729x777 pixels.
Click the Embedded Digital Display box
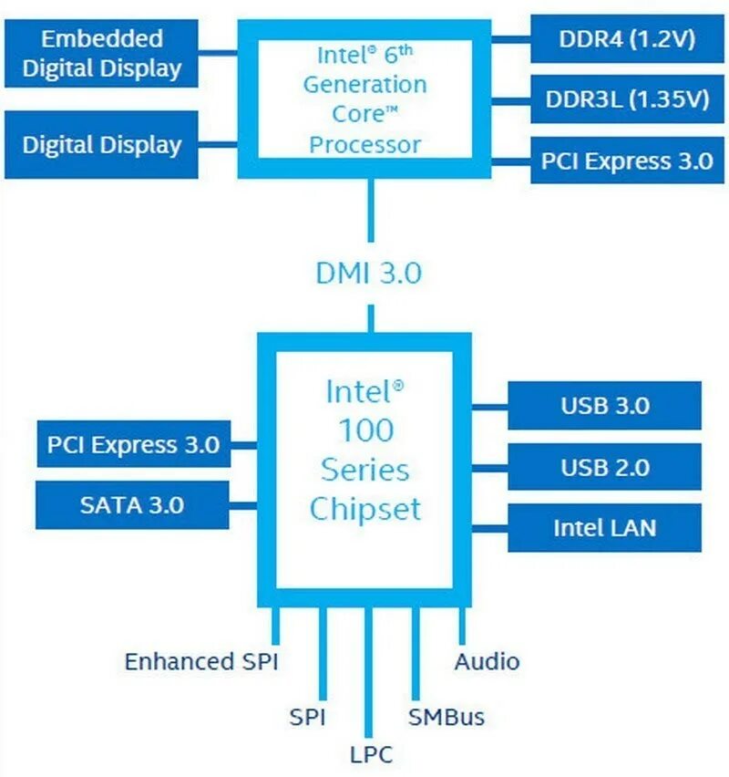tap(101, 53)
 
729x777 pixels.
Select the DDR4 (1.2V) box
tap(627, 39)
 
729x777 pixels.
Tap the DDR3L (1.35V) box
tap(627, 99)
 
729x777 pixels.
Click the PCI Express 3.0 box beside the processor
tap(627, 161)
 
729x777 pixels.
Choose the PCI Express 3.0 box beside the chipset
tap(133, 445)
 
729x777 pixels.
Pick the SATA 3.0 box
tap(133, 504)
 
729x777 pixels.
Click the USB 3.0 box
tap(604, 406)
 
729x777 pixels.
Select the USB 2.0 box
tap(604, 467)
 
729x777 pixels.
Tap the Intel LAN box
tap(604, 527)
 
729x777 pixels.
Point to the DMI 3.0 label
tap(368, 273)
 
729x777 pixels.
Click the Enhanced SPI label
tap(200, 661)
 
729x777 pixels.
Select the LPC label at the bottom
tap(371, 754)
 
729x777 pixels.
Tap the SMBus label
tap(447, 717)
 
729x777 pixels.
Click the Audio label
tap(487, 661)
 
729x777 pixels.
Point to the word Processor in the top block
tap(365, 144)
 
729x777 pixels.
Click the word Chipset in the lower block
tap(365, 508)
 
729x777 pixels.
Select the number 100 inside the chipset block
tap(365, 430)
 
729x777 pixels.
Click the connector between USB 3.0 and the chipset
tap(489, 406)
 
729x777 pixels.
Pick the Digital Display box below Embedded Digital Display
tap(101, 144)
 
